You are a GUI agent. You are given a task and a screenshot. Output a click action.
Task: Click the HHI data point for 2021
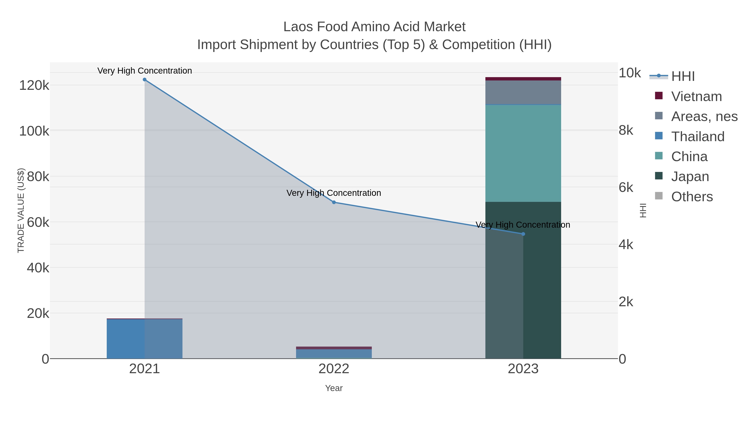click(x=145, y=80)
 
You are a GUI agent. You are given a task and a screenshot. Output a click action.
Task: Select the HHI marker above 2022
click(x=334, y=202)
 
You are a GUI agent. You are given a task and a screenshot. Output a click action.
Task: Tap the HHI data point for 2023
click(x=523, y=234)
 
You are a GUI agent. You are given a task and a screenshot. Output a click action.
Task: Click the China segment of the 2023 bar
click(x=523, y=153)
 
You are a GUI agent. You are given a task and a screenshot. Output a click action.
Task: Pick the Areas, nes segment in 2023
click(x=523, y=92)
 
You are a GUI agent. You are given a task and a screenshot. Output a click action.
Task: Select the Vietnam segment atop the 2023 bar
click(x=523, y=79)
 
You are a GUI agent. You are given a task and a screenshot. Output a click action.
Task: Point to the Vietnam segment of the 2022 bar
click(x=334, y=348)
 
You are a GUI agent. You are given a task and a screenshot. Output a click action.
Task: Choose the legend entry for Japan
click(x=690, y=176)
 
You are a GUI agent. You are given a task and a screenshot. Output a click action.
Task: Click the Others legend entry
click(x=692, y=197)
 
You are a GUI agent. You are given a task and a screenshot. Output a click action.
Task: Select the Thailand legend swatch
click(x=658, y=136)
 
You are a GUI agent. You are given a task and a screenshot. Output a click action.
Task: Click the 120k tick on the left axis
click(x=34, y=85)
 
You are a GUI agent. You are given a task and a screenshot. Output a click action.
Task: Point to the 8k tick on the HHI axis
click(x=626, y=130)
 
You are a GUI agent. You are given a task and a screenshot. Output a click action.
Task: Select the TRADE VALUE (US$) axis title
click(x=21, y=210)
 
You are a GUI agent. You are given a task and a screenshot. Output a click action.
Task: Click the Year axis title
click(x=334, y=388)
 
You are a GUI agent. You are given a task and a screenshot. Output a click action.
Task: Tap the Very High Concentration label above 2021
click(x=145, y=71)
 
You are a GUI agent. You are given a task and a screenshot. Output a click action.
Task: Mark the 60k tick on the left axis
click(x=38, y=222)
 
